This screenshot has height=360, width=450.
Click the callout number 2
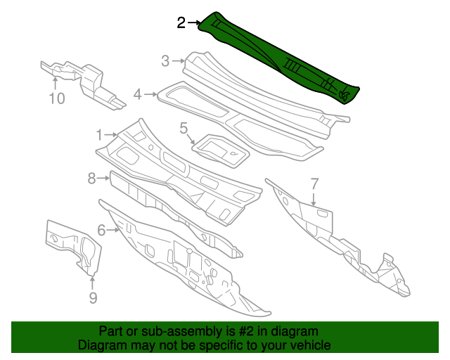(x=181, y=23)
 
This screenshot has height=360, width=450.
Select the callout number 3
(x=165, y=61)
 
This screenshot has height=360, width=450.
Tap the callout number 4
(x=138, y=94)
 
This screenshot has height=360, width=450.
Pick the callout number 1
(x=99, y=134)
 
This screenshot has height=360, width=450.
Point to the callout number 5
(x=184, y=128)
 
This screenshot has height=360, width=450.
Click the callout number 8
(x=91, y=179)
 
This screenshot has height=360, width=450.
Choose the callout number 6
(x=101, y=230)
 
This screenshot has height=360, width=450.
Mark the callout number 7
(x=314, y=184)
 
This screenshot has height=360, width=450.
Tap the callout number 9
(x=92, y=299)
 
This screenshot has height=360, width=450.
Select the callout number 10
(x=56, y=98)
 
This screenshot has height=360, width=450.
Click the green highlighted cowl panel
(x=281, y=56)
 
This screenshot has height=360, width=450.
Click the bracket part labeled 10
(x=88, y=81)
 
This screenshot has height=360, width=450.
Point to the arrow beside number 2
(x=195, y=23)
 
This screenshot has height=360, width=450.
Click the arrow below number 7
(x=314, y=200)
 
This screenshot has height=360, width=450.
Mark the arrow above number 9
(x=92, y=281)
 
